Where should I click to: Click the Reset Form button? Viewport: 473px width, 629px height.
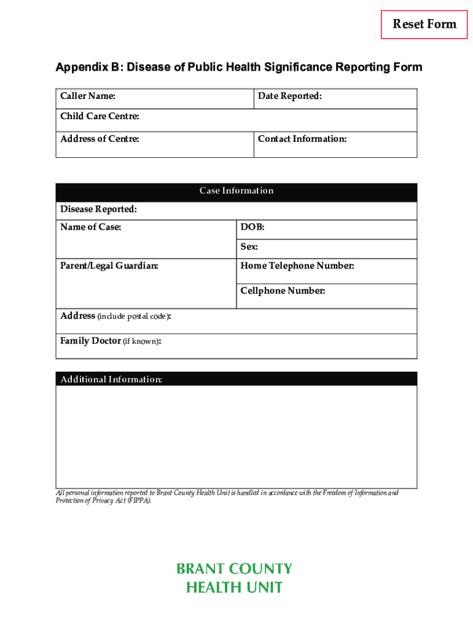tap(424, 25)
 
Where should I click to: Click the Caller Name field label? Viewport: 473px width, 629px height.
tap(88, 96)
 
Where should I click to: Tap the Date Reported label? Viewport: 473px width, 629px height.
tap(289, 96)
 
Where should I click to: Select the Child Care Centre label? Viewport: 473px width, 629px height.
tap(100, 117)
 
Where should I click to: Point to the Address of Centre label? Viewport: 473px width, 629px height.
tap(100, 139)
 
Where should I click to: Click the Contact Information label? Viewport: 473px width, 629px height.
tap(302, 139)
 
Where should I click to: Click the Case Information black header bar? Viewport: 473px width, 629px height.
tap(237, 191)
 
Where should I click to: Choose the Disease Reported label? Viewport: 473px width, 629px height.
tap(98, 210)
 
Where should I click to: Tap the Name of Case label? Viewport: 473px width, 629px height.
tap(91, 228)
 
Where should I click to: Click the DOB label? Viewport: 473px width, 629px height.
tap(252, 228)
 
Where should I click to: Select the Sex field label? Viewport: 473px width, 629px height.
tap(249, 248)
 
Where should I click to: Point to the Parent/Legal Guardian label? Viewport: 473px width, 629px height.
tap(109, 266)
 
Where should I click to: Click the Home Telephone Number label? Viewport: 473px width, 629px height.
tap(297, 266)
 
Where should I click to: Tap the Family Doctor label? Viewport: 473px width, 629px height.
tap(90, 341)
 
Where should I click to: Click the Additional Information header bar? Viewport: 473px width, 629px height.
tap(237, 379)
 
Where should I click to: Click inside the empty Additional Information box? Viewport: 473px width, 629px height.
tap(237, 436)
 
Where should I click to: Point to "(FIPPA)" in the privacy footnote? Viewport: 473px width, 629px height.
tap(138, 501)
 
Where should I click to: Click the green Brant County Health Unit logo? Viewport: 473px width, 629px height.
tap(234, 578)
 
